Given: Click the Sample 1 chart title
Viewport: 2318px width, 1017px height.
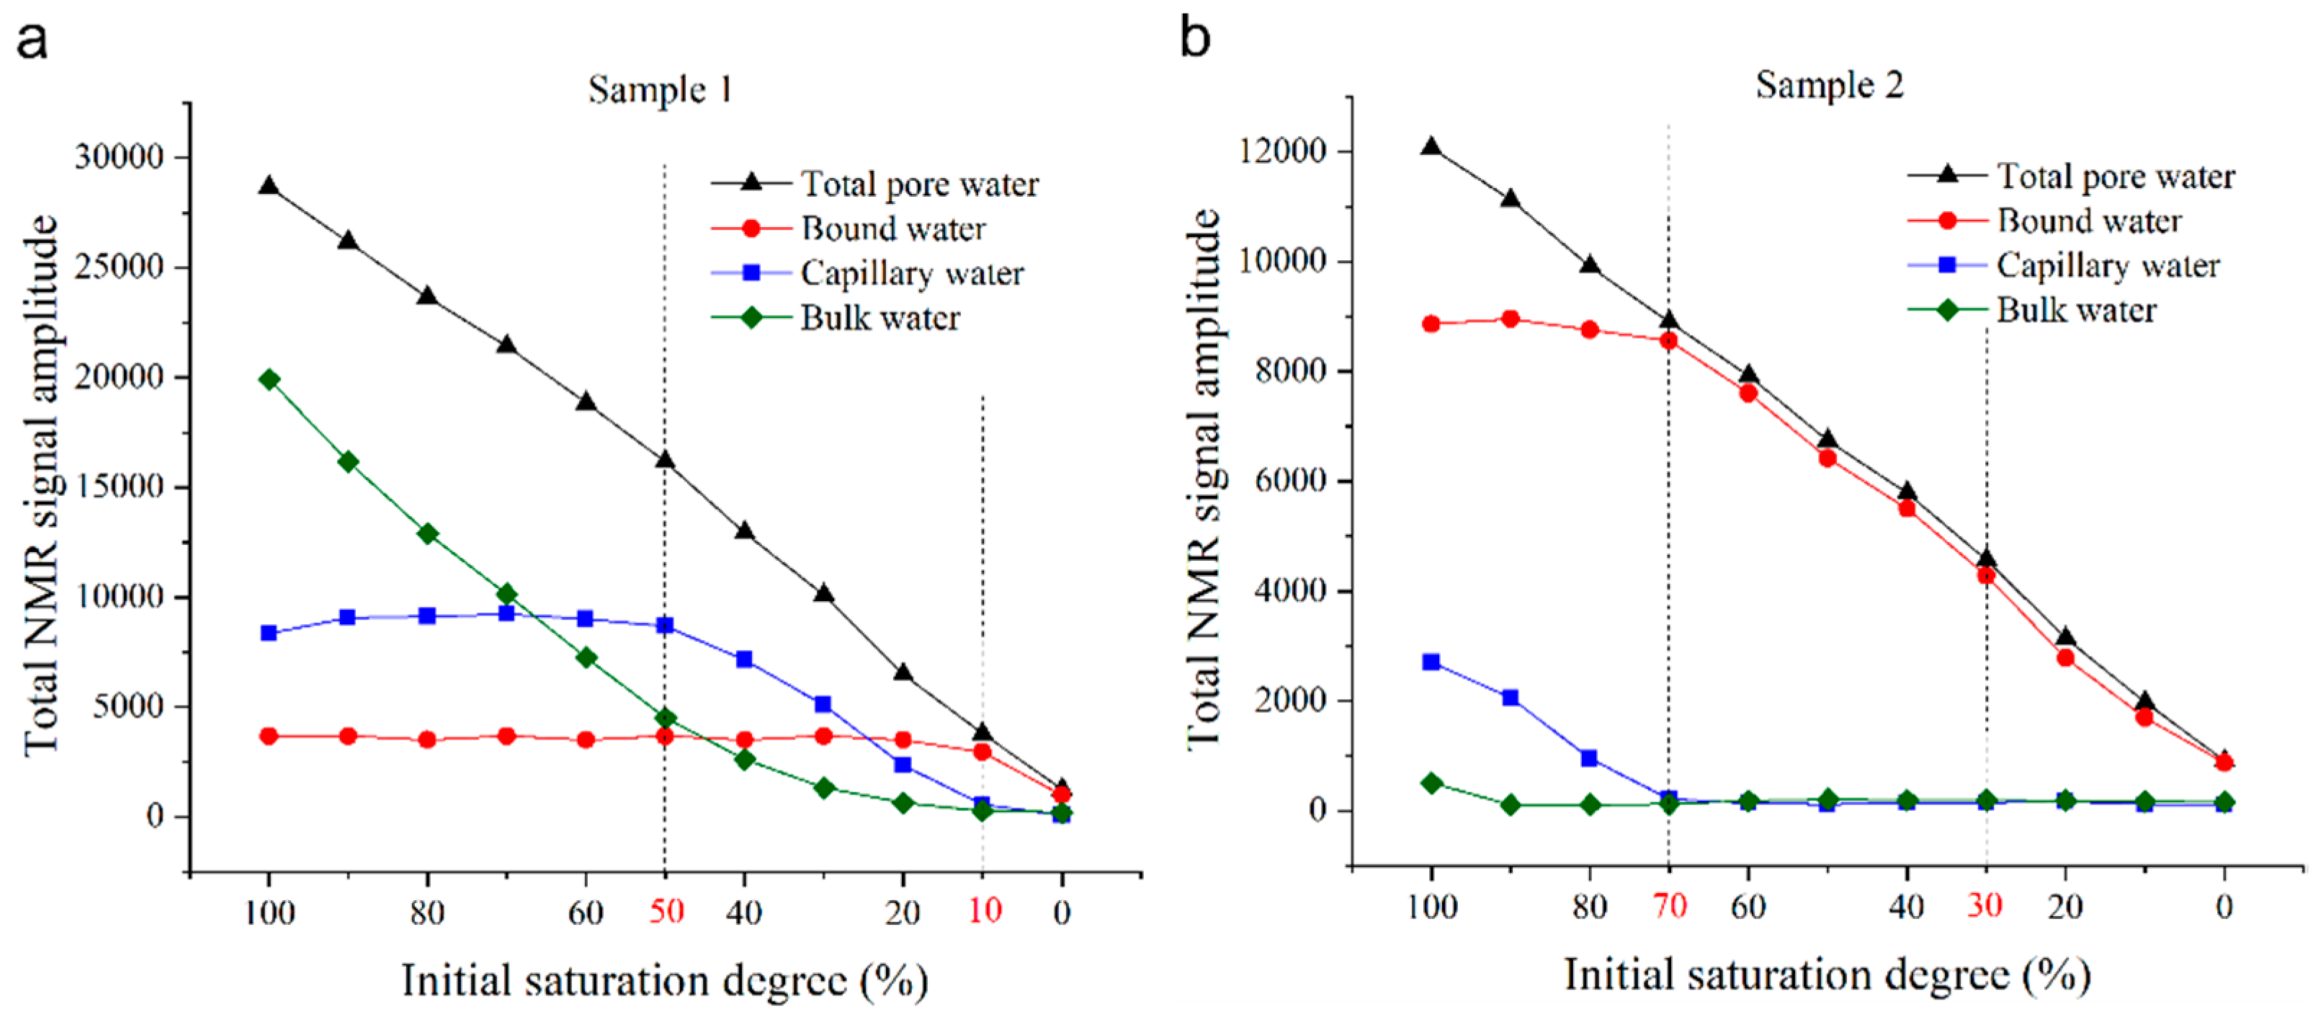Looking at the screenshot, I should tap(660, 90).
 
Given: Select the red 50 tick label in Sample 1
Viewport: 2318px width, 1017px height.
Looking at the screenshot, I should tap(666, 912).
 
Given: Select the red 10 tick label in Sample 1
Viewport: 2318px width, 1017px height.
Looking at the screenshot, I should tap(985, 912).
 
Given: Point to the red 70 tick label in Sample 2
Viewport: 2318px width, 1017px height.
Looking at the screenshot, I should tap(1669, 905).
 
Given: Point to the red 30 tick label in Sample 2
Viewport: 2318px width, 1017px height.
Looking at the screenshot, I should tap(1984, 905).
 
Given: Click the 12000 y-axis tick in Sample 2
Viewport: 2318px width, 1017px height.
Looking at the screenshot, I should tap(1282, 151).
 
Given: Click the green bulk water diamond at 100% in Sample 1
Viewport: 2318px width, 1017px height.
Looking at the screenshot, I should tap(268, 379).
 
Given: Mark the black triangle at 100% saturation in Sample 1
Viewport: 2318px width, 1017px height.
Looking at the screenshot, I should tap(268, 186).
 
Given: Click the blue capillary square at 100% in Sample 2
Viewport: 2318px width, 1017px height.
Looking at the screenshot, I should tap(1431, 662).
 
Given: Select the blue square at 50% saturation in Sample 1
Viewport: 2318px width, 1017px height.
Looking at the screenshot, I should tap(665, 625).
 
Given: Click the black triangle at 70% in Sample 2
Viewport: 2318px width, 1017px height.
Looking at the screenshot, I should tap(1668, 321).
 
